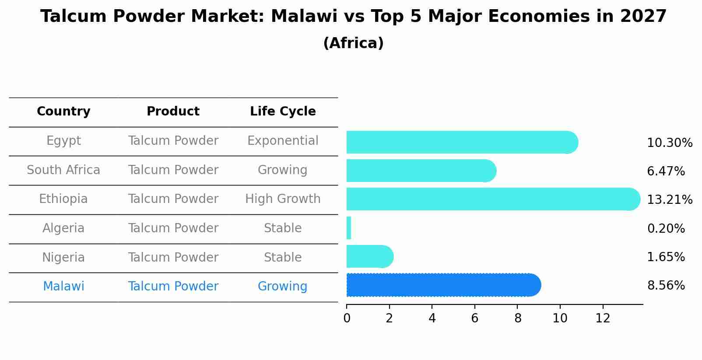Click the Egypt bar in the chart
click(460, 142)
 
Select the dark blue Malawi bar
click(442, 285)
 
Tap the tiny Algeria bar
click(349, 228)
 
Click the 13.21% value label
click(669, 200)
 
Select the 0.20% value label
click(666, 228)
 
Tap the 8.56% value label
click(666, 286)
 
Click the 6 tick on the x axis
click(475, 318)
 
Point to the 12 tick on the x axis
click(603, 318)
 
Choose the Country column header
click(63, 112)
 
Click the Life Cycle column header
click(283, 112)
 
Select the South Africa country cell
click(63, 170)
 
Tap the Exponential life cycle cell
click(283, 141)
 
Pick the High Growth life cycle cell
click(283, 199)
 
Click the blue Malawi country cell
click(63, 287)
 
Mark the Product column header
click(173, 112)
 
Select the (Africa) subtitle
click(353, 43)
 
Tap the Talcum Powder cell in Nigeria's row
click(173, 257)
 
